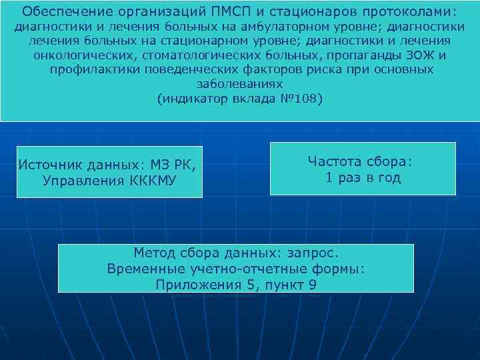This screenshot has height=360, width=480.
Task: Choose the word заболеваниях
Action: (240, 85)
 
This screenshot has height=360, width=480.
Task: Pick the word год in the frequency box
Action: (388, 178)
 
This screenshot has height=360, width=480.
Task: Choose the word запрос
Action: (312, 253)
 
